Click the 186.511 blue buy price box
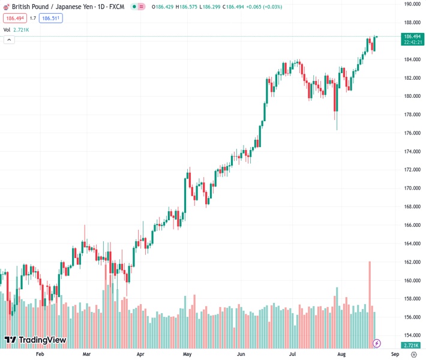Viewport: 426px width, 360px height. tap(51, 18)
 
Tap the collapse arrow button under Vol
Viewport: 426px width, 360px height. tap(9, 40)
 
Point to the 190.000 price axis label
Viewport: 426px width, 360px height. tap(412, 4)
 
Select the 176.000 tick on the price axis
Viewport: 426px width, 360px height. tap(412, 133)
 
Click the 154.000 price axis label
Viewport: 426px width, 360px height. tap(412, 335)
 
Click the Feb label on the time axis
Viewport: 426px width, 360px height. tap(40, 354)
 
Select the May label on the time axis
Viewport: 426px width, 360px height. tap(187, 354)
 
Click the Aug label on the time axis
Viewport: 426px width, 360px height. tap(341, 354)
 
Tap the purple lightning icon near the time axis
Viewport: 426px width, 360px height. tap(377, 343)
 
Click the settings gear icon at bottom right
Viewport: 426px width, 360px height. tap(413, 355)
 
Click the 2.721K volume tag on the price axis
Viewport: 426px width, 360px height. tap(412, 345)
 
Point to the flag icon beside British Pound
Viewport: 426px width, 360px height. tap(7, 7)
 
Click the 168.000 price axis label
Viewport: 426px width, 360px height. tap(412, 206)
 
